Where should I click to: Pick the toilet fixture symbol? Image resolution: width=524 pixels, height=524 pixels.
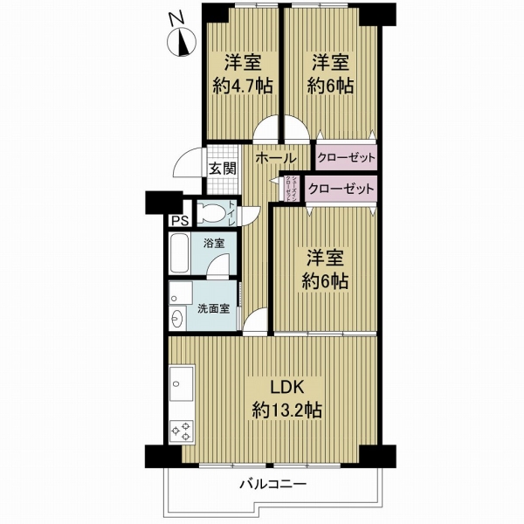(x=210, y=212)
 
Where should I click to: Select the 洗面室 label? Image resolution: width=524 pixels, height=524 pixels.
(x=213, y=308)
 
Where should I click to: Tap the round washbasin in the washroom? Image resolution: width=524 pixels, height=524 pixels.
(x=178, y=318)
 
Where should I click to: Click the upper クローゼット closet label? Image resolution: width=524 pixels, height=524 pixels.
(x=347, y=159)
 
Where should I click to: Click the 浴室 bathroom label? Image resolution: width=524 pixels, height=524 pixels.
(x=212, y=243)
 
